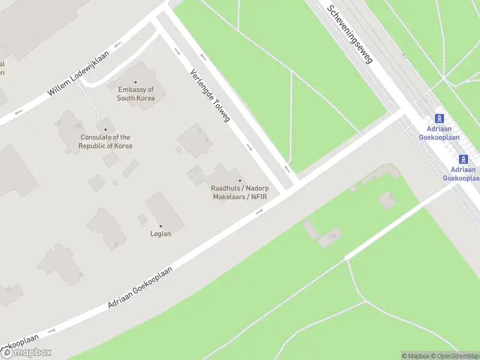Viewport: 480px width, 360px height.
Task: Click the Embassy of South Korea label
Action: tap(136, 94)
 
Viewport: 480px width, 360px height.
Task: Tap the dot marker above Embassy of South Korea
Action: tap(136, 82)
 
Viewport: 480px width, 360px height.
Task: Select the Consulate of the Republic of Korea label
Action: tap(106, 142)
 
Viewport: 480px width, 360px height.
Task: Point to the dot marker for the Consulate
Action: tap(106, 130)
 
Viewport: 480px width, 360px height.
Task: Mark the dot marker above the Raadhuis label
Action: tap(240, 181)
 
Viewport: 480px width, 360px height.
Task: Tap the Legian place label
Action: tap(160, 234)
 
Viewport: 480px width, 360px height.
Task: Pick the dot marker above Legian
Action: tap(160, 226)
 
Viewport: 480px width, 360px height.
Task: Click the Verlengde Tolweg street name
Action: tap(210, 96)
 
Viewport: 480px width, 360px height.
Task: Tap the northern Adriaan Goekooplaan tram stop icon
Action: tap(440, 118)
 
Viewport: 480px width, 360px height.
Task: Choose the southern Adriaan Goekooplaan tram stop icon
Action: tap(463, 159)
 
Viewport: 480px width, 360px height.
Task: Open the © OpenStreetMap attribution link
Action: tap(453, 356)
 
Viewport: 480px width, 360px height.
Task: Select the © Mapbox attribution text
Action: tap(415, 356)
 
